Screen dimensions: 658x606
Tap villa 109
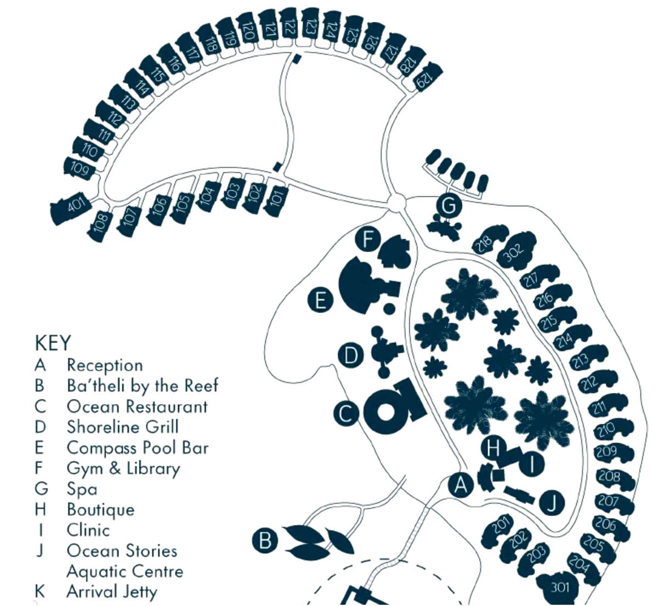tap(80, 168)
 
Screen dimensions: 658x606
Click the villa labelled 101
tap(276, 201)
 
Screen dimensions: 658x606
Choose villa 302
tap(517, 251)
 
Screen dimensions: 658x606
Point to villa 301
tap(559, 587)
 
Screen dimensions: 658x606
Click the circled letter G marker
tap(449, 206)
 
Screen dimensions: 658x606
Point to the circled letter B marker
tap(265, 540)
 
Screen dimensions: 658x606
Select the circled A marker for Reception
tap(461, 485)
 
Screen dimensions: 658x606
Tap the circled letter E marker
tap(320, 300)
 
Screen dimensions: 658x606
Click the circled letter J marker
tap(552, 503)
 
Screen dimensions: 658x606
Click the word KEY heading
tap(53, 343)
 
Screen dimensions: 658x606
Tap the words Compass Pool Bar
tap(138, 448)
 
